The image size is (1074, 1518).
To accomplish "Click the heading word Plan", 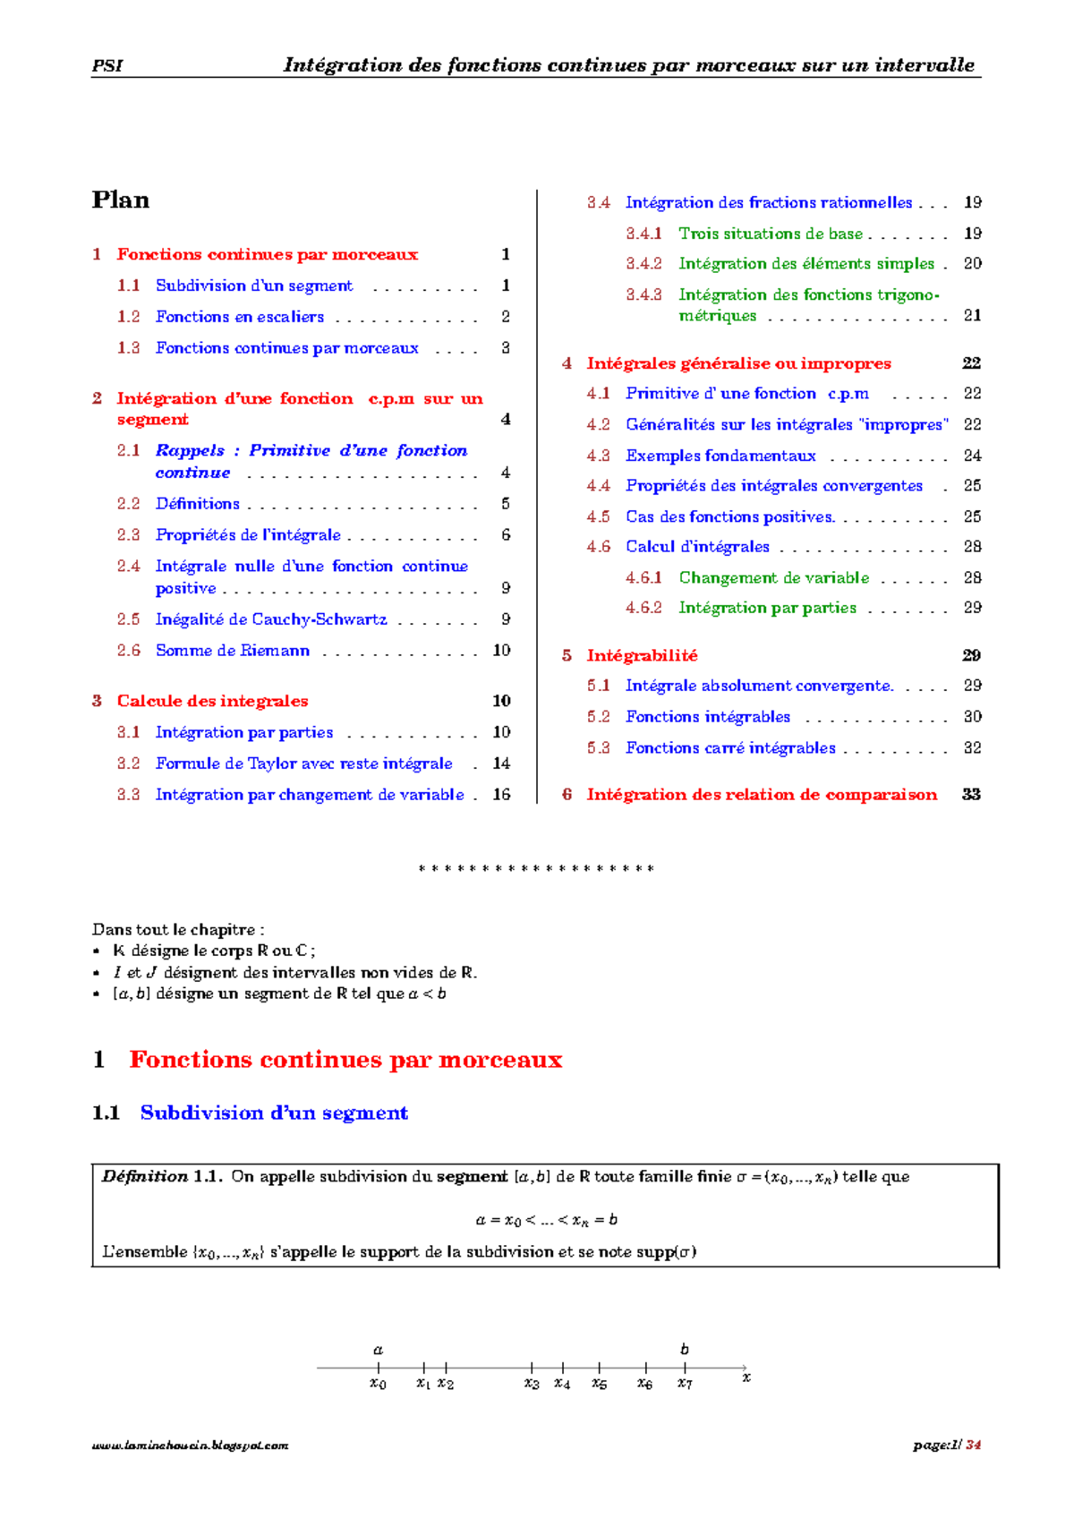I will click(x=120, y=200).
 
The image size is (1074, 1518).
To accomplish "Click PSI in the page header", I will click(x=107, y=65).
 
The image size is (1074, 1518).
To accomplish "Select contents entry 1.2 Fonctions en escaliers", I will click(x=239, y=317).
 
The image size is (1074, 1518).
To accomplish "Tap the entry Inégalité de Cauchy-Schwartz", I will click(x=271, y=619).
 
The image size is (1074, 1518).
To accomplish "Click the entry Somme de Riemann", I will click(x=232, y=651).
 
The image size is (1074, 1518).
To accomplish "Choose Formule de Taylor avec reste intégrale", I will click(x=303, y=763).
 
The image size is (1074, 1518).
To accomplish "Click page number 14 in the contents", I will click(x=501, y=763).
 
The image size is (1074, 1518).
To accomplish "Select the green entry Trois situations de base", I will click(x=770, y=234).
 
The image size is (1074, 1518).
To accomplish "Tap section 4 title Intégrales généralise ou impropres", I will click(x=738, y=363).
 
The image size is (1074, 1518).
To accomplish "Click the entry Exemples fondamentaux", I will click(x=720, y=456).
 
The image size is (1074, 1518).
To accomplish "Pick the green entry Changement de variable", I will click(x=773, y=577).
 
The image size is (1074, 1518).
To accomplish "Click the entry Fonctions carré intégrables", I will click(x=730, y=747).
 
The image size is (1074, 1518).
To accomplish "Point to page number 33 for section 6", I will click(x=971, y=795).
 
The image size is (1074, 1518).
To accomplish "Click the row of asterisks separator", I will click(x=536, y=869).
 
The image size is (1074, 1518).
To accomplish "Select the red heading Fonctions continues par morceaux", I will click(x=345, y=1060).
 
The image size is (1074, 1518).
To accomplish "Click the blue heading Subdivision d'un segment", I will click(x=274, y=1113).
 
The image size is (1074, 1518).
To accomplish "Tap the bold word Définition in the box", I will click(x=145, y=1176).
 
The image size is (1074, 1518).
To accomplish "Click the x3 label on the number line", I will click(x=532, y=1384).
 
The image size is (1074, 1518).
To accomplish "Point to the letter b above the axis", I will click(x=685, y=1349).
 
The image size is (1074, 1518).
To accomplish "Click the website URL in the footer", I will click(x=190, y=1445).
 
